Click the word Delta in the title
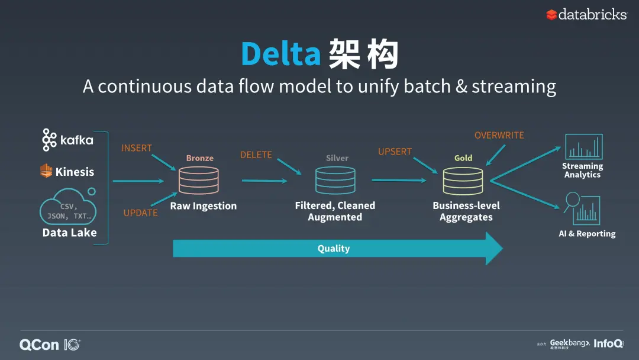280,54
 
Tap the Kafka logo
67,140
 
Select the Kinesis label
67,172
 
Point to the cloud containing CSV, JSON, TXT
69,208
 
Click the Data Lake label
69,233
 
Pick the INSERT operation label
137,148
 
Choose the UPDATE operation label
140,213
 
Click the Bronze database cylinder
199,181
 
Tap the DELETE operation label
256,155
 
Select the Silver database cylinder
335,181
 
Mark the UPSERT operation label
395,152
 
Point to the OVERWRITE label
499,136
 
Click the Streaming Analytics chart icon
583,147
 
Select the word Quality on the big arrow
334,249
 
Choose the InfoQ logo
608,343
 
